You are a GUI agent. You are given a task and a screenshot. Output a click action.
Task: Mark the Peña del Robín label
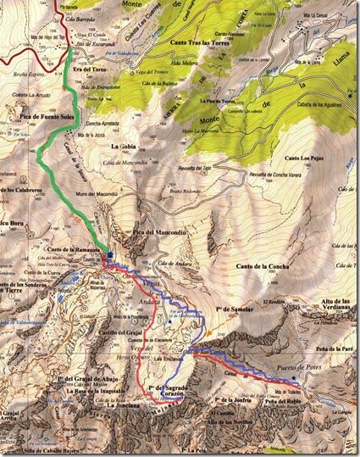click(x=281, y=402)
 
